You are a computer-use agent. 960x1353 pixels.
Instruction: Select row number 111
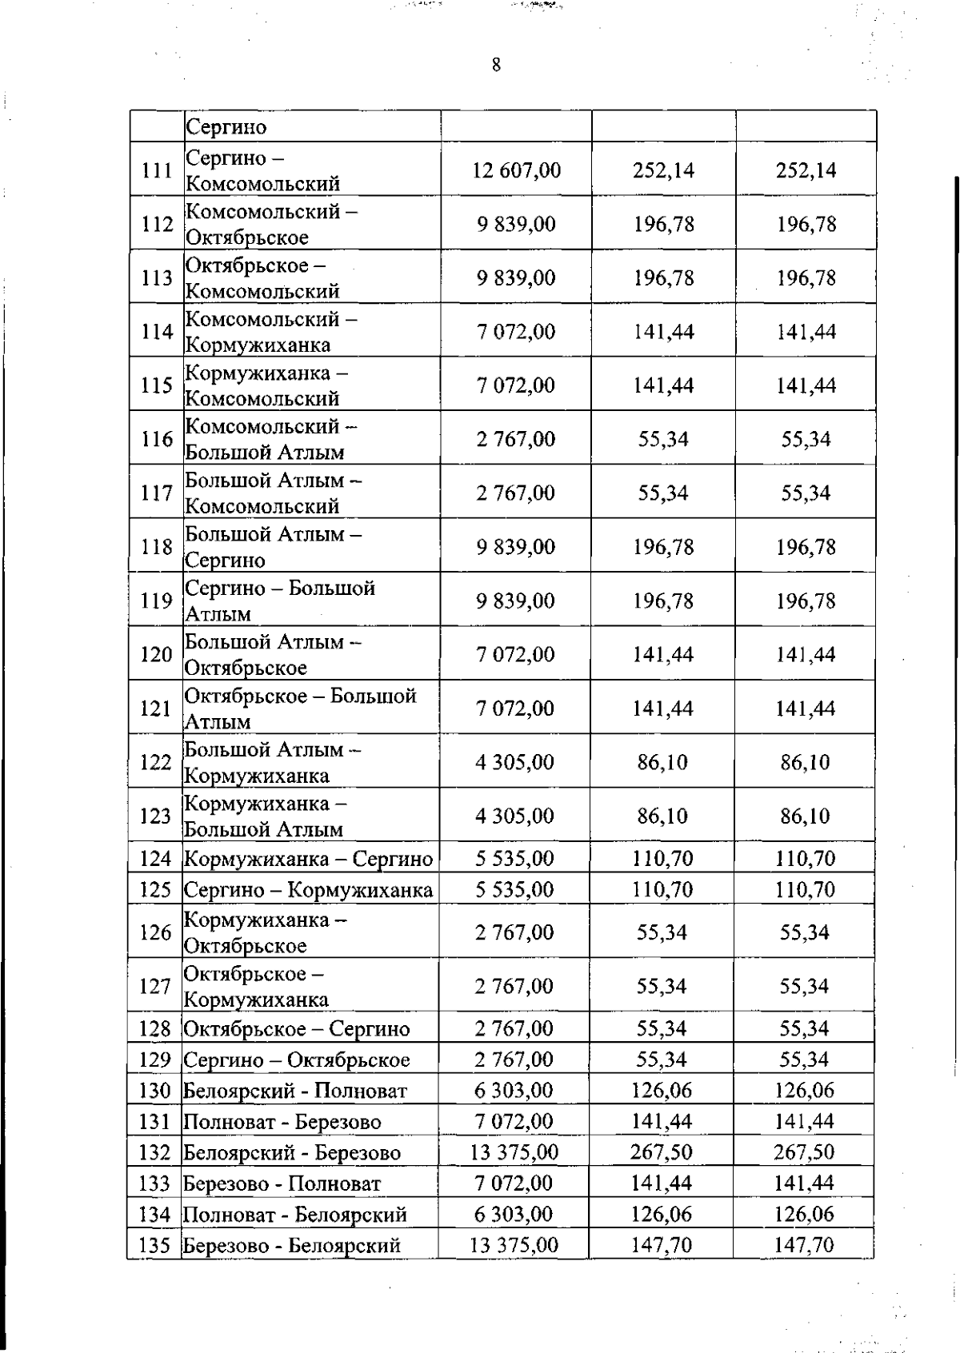(x=157, y=170)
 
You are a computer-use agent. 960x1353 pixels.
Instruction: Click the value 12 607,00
(x=517, y=170)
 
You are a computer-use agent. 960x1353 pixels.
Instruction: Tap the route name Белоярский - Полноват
(x=295, y=1091)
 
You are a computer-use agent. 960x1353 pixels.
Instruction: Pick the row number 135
(x=155, y=1245)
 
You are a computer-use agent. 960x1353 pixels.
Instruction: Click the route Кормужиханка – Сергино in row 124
(x=309, y=859)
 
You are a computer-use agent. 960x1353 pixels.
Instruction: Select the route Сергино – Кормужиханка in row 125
(x=309, y=890)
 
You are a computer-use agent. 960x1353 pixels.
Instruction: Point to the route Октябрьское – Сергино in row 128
(x=297, y=1029)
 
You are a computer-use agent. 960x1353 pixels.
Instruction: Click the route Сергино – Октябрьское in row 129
(x=297, y=1060)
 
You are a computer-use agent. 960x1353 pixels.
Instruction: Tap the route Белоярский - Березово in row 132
(x=292, y=1153)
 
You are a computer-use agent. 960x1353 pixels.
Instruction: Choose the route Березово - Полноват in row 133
(x=282, y=1183)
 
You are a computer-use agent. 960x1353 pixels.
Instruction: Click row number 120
(x=156, y=655)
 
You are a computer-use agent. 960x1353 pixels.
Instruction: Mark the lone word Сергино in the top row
(x=226, y=127)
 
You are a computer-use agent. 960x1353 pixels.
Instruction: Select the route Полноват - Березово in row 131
(x=282, y=1122)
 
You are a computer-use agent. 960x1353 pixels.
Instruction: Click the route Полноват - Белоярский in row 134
(x=295, y=1215)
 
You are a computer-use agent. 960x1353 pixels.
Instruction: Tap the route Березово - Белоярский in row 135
(x=292, y=1246)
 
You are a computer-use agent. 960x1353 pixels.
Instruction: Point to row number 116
(x=157, y=439)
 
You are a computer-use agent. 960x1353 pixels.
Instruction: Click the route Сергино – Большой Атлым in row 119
(x=280, y=601)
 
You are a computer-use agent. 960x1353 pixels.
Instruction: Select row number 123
(x=156, y=816)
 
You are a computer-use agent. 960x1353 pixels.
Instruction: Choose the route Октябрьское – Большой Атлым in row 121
(x=300, y=708)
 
